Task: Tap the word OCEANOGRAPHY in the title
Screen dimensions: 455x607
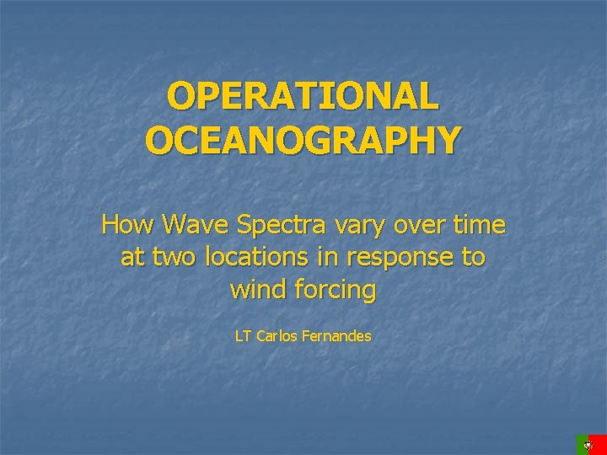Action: point(303,140)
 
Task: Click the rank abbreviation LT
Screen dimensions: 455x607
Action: point(243,336)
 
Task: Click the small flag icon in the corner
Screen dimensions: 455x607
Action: point(591,444)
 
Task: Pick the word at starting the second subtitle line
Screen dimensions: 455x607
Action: point(132,258)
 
